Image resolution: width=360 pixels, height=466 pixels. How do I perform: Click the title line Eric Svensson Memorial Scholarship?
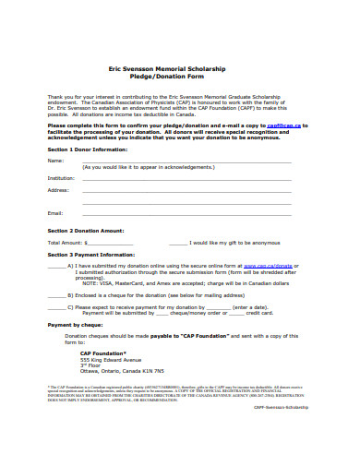click(x=179, y=69)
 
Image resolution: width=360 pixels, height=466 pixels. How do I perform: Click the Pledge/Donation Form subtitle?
click(x=179, y=77)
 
